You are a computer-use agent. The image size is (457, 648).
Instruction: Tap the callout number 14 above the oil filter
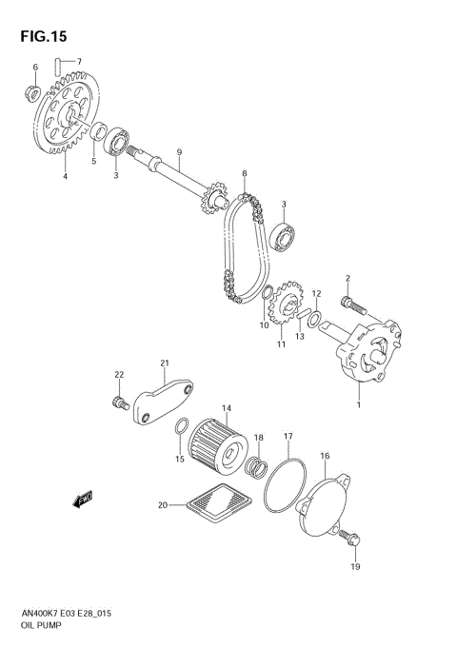coord(227,409)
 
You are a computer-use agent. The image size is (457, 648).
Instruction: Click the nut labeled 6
coord(31,92)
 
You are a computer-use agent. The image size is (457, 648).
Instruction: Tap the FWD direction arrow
coord(83,498)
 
